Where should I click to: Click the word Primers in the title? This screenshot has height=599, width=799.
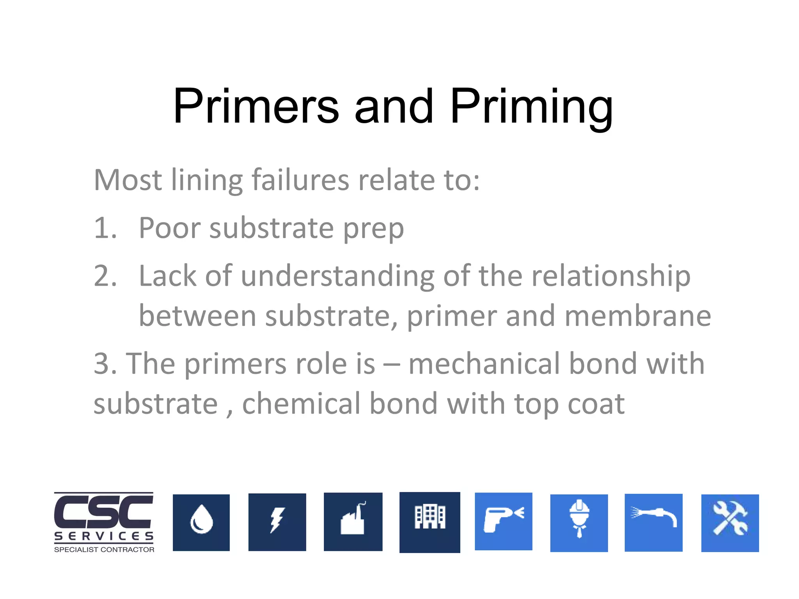pos(256,106)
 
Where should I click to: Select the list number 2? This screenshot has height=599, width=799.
pos(105,276)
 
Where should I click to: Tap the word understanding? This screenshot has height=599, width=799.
pos(337,276)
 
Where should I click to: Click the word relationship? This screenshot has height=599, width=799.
pos(611,276)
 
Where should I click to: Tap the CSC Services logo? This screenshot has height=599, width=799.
pos(104,522)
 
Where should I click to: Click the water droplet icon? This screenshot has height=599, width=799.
pos(201,523)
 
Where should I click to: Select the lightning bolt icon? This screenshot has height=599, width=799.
pos(277,522)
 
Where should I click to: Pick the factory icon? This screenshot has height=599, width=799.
pos(353,522)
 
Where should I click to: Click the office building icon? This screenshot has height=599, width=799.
pos(430,522)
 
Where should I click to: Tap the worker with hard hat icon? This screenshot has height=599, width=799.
pos(579,523)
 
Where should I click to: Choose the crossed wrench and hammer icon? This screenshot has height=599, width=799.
pos(730,523)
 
